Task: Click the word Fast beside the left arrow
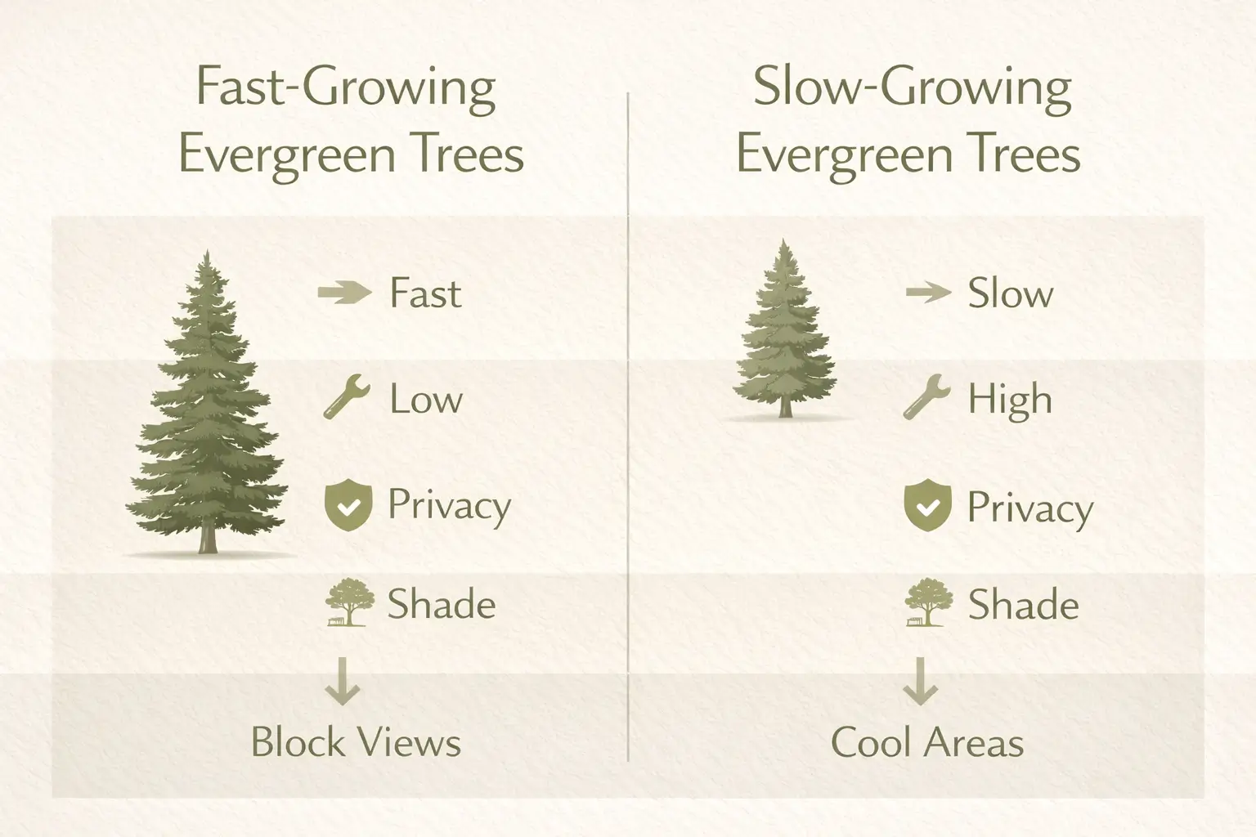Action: point(425,293)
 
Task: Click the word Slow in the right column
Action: point(1011,293)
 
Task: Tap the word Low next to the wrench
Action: point(425,400)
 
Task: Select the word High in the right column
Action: point(1010,400)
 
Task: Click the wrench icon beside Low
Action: point(346,398)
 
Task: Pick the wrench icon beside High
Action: point(926,397)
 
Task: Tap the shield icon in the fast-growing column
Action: point(348,506)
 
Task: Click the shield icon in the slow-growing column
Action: point(927,508)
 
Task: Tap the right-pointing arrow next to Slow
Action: point(928,292)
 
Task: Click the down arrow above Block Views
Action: point(343,681)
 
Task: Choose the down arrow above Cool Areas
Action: point(920,681)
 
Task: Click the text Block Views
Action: point(356,742)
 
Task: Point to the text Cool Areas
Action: point(926,743)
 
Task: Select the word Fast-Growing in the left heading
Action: point(346,88)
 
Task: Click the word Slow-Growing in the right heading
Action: point(912,88)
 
